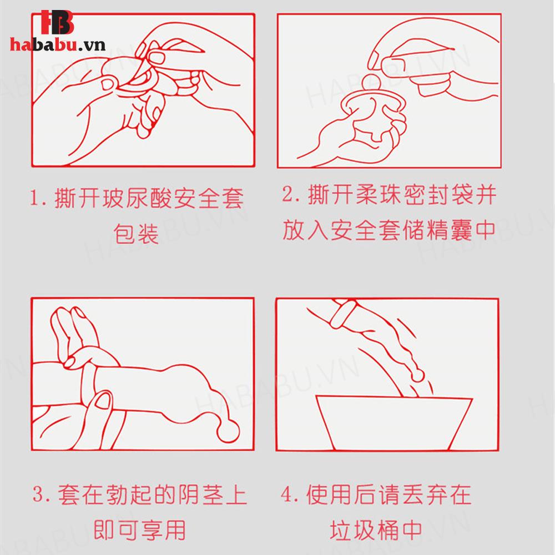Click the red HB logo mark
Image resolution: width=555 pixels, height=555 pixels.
coord(57,22)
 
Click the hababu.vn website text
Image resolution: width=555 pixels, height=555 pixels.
coord(58,45)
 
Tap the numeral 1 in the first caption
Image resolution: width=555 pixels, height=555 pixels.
coord(34,198)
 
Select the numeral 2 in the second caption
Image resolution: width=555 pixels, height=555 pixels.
coord(287,194)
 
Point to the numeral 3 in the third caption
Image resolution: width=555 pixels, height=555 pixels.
coord(38,494)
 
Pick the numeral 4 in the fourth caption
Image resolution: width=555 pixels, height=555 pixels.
coord(286,494)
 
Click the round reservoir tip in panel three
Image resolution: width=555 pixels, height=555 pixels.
coord(228,431)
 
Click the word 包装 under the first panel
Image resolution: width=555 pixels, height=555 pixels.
coord(136,234)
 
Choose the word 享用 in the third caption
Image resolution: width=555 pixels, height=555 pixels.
coord(163,530)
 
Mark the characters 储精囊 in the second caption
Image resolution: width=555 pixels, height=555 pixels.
coord(426,230)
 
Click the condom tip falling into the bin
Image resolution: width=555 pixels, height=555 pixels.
coord(418,375)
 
